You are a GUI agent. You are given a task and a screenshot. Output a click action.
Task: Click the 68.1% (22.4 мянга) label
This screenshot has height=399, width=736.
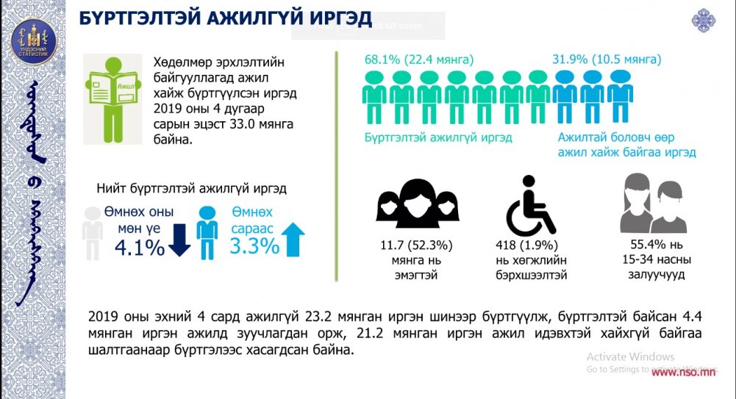coord(419,60)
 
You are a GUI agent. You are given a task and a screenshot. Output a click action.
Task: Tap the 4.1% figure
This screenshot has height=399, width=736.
coord(139,248)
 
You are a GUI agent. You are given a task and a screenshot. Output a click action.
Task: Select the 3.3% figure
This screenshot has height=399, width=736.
coord(254,245)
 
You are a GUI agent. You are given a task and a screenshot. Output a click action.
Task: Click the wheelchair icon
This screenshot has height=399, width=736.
coord(530,206)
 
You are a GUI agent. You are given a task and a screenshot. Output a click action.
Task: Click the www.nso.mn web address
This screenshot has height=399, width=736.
coord(683,371)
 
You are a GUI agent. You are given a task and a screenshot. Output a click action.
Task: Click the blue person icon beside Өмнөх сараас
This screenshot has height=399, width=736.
coord(207,231)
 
